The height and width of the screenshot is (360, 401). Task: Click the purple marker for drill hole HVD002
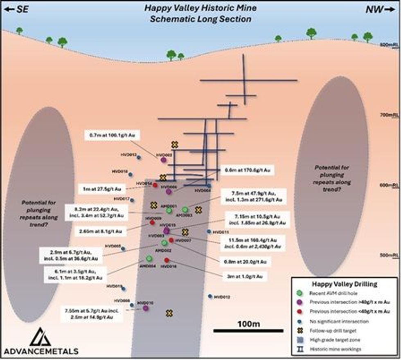tap(164, 160)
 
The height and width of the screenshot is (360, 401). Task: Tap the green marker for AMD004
tap(149, 259)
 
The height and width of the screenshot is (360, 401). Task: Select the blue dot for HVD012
tap(210, 296)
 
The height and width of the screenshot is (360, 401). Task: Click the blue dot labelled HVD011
tap(209, 232)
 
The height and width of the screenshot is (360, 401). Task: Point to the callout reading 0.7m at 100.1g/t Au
tap(112, 135)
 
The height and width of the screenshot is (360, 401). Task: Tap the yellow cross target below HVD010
tap(169, 313)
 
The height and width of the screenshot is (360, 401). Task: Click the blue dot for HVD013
tap(139, 157)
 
